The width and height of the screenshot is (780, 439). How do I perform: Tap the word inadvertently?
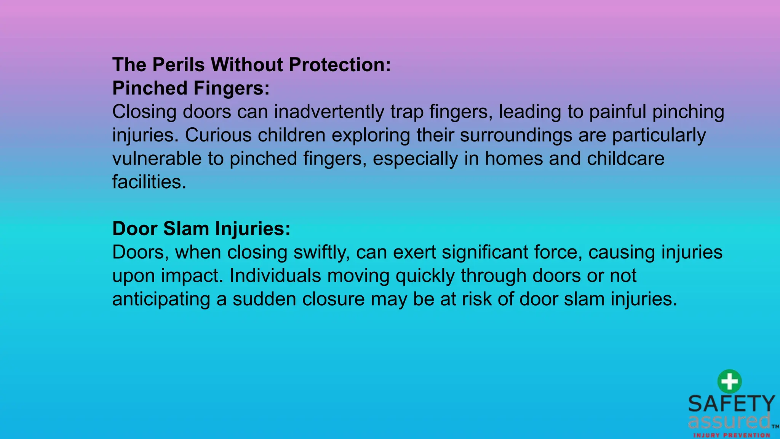[x=329, y=112]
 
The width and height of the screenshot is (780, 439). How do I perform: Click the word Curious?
[x=218, y=135]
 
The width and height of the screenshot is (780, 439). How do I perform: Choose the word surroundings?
[x=516, y=135]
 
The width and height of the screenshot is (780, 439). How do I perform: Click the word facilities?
[x=149, y=182]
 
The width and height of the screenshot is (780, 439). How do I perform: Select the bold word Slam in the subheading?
[x=186, y=229]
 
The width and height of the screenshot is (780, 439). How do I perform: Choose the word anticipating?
[x=161, y=300]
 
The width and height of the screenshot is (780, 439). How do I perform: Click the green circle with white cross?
[x=729, y=381]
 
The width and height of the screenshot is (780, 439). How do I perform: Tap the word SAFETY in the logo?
[x=732, y=404]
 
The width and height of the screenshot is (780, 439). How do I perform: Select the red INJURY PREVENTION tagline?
[x=732, y=435]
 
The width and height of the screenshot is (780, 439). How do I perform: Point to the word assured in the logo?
[x=729, y=421]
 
